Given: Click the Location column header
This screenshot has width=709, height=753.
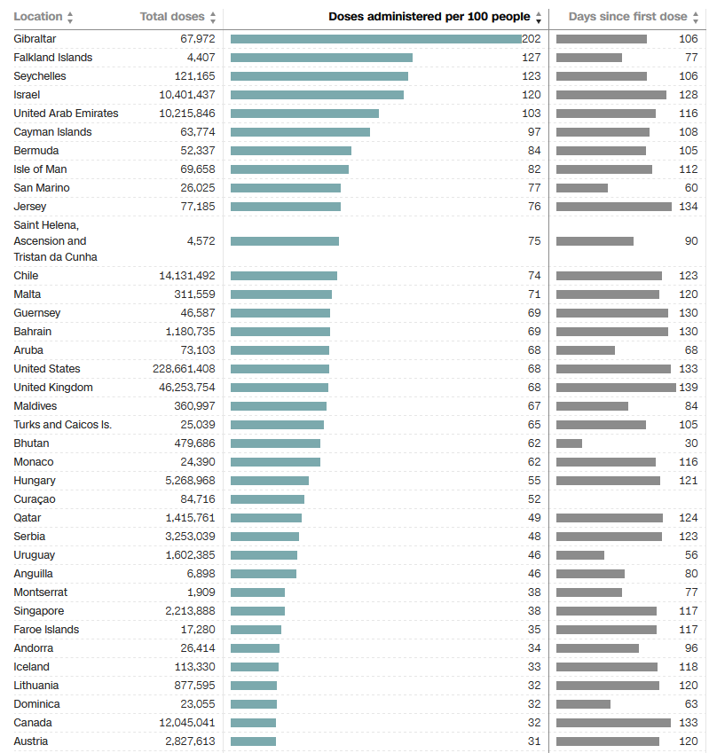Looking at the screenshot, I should [x=38, y=17].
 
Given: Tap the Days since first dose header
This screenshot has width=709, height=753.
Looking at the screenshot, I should [x=627, y=17].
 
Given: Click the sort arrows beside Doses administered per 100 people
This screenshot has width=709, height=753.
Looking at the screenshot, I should [x=539, y=17].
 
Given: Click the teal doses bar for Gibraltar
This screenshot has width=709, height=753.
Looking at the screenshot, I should [x=375, y=39].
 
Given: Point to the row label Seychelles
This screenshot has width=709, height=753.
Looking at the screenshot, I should [x=40, y=76].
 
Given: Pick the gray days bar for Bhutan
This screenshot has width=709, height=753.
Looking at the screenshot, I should [x=569, y=443].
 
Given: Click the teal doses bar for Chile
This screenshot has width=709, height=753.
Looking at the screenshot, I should [x=284, y=276].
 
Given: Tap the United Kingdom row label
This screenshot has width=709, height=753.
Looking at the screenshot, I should [x=53, y=388].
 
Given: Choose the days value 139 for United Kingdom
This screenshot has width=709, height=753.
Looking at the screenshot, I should [x=689, y=388].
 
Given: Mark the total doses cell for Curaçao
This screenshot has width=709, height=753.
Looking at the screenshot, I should [x=191, y=499].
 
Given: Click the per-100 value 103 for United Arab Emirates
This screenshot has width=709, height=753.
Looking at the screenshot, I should [x=532, y=114].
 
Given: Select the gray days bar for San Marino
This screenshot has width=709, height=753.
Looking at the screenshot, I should [x=582, y=188].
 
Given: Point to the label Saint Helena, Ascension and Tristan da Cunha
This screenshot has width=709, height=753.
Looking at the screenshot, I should [x=55, y=241].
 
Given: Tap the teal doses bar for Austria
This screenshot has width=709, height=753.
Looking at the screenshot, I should [x=253, y=741].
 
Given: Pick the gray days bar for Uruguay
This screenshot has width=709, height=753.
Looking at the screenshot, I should [x=580, y=555].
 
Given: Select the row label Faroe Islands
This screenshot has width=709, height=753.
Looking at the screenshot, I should [x=46, y=630].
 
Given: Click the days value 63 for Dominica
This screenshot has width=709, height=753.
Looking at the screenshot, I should [x=691, y=704].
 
